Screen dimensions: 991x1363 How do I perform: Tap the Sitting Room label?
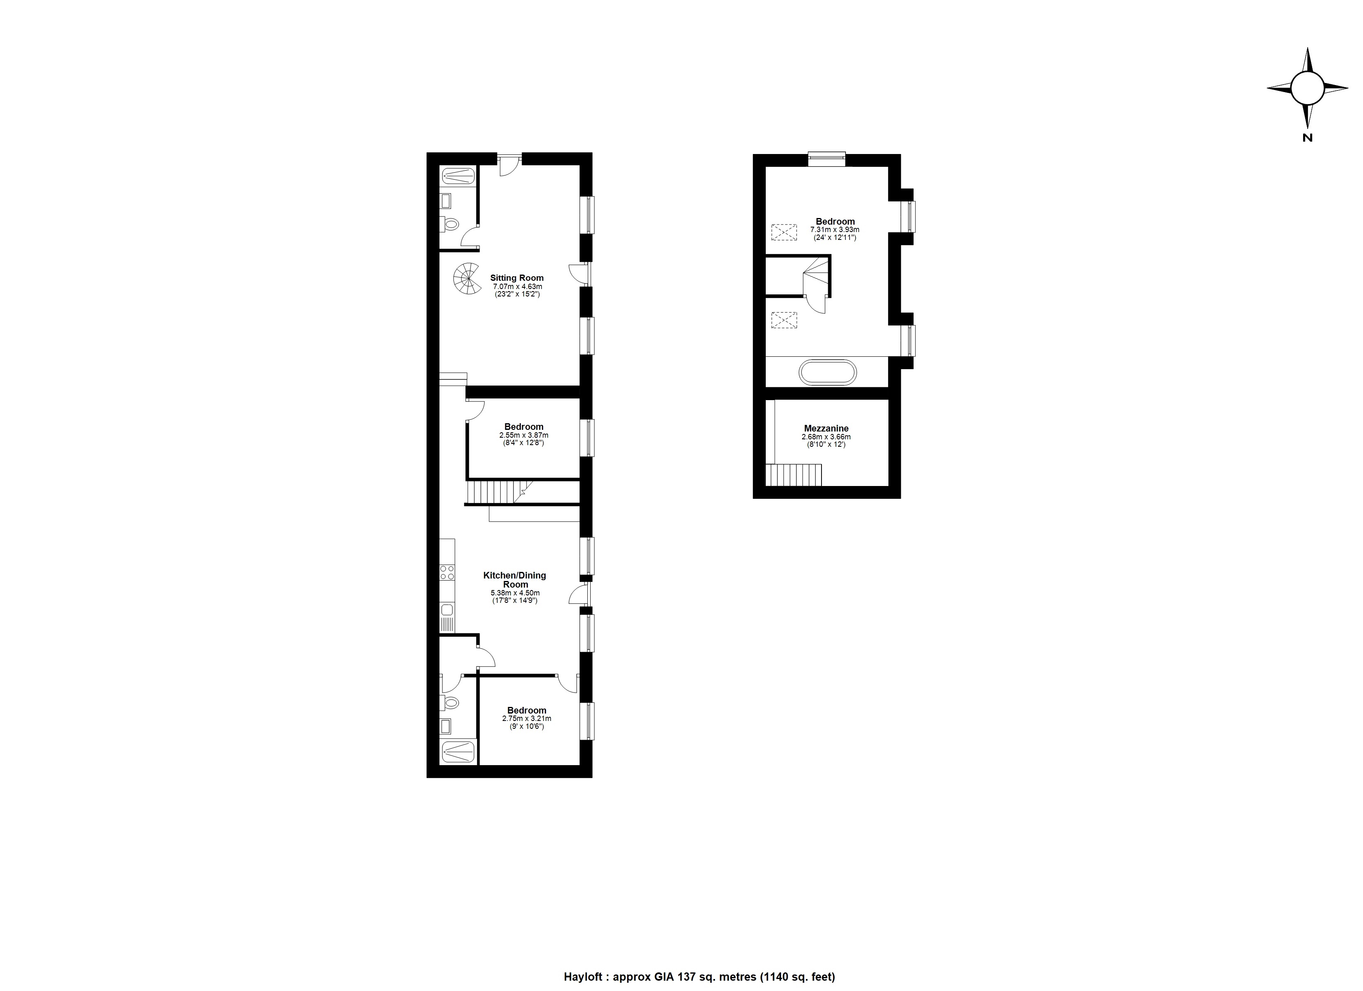pyautogui.click(x=517, y=277)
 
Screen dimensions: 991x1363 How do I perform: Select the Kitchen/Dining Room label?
pyautogui.click(x=515, y=579)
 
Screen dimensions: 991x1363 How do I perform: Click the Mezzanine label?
pyautogui.click(x=826, y=429)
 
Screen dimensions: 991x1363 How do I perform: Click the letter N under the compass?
pyautogui.click(x=1307, y=138)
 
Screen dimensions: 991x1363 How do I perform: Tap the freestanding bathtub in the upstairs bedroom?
pyautogui.click(x=828, y=372)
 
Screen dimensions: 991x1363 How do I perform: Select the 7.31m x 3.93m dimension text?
pyautogui.click(x=835, y=230)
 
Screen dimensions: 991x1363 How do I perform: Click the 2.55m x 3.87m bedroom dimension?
pyautogui.click(x=523, y=435)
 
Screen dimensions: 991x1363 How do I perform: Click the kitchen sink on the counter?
pyautogui.click(x=447, y=611)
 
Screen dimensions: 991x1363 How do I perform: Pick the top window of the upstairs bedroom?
pyautogui.click(x=827, y=159)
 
